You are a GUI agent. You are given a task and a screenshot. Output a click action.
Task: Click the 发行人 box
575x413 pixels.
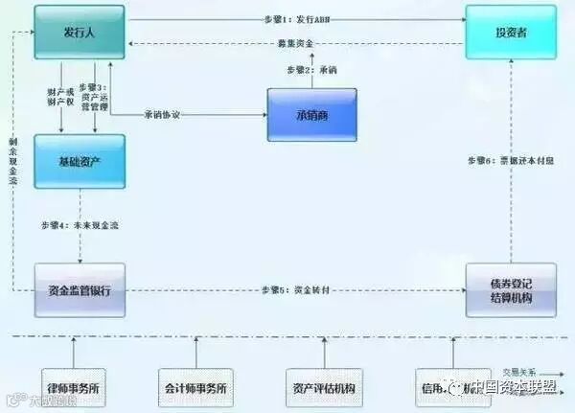79,34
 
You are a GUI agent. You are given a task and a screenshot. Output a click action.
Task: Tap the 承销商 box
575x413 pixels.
311,115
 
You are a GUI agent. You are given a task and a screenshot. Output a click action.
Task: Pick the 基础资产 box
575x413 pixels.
79,160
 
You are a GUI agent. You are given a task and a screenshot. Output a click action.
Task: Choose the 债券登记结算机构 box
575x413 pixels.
510,289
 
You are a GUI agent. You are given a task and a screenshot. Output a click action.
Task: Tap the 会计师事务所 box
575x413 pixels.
195,390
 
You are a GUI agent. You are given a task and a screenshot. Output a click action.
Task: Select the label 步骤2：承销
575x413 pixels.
310,70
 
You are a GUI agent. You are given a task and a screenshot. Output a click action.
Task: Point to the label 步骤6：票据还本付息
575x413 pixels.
510,159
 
